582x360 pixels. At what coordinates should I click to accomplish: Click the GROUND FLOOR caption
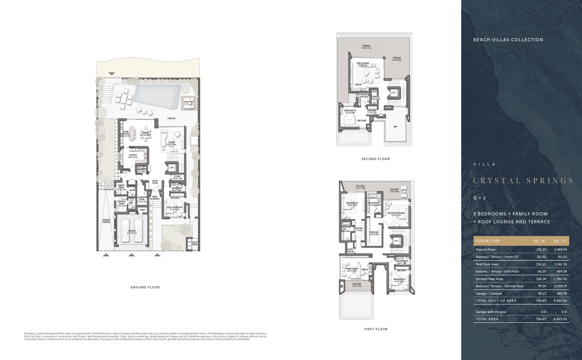tap(145, 287)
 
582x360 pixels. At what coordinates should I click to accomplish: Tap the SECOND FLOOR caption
tap(375, 159)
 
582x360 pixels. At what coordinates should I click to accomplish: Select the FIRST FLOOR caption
tap(376, 329)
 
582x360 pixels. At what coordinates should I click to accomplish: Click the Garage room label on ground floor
tap(132, 232)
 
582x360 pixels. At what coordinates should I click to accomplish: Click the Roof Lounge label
tap(363, 64)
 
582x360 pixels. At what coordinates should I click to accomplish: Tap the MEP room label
tap(395, 127)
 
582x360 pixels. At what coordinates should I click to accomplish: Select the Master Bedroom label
tap(396, 214)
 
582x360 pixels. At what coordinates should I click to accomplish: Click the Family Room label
tap(352, 270)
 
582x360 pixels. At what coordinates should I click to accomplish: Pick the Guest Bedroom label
tap(175, 208)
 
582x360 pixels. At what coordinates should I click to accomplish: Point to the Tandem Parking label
tap(106, 221)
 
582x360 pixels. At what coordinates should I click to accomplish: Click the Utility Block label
tap(195, 243)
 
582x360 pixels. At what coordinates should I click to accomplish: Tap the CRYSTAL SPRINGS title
tap(523, 181)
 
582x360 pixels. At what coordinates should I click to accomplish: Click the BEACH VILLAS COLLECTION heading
tap(508, 40)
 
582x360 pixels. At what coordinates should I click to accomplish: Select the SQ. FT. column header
tap(560, 241)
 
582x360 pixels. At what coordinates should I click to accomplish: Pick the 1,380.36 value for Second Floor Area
tap(560, 279)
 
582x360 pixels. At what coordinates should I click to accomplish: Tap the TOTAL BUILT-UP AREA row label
tap(496, 301)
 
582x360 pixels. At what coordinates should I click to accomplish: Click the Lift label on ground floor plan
tap(172, 168)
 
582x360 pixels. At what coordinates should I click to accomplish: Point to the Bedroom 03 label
tap(399, 280)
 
